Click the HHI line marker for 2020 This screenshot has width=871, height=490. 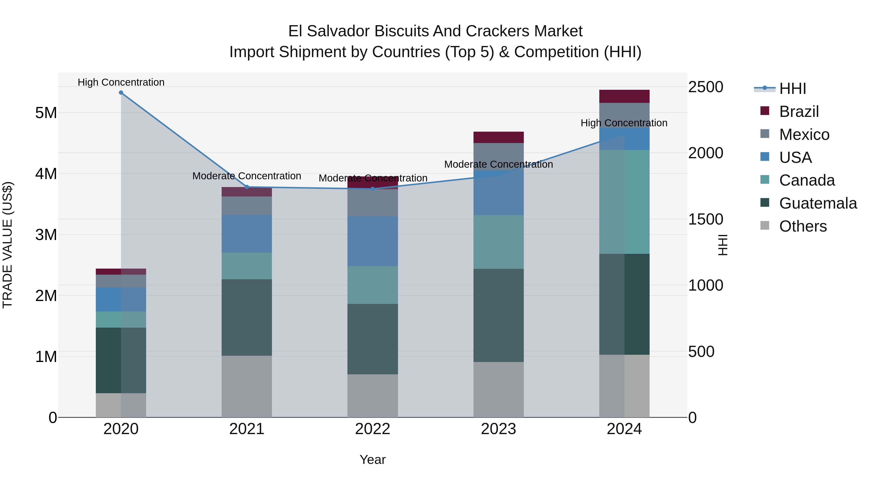click(121, 93)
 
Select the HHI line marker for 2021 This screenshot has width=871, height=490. click(247, 187)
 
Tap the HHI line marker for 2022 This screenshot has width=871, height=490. click(373, 189)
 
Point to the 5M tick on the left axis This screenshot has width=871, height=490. click(46, 113)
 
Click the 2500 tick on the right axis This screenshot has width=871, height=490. click(706, 87)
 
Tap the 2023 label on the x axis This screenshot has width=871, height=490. click(498, 429)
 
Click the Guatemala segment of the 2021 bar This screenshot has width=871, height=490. click(247, 317)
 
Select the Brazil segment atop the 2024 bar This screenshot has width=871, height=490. click(624, 96)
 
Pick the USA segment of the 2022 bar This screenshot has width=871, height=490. click(373, 241)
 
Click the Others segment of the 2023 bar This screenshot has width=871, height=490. click(498, 390)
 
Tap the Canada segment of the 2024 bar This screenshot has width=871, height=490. click(624, 202)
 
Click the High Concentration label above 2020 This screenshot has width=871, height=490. click(121, 82)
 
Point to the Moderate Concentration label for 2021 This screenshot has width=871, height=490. click(247, 176)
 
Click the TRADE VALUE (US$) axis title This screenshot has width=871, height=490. click(8, 245)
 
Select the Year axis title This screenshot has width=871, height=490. click(373, 460)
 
